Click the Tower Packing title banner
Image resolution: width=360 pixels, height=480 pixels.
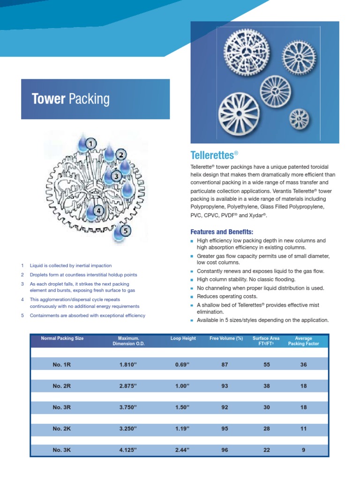[95, 99]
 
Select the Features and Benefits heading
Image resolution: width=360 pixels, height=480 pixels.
[222, 232]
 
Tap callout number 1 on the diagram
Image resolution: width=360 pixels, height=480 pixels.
[90, 143]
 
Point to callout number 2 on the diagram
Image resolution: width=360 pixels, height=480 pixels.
[121, 155]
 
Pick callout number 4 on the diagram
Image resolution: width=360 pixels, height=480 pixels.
[98, 211]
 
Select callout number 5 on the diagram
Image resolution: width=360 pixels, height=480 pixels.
[125, 230]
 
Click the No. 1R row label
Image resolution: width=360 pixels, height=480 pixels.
[62, 365]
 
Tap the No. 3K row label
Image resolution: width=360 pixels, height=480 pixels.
[62, 450]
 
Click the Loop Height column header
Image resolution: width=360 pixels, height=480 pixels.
[183, 338]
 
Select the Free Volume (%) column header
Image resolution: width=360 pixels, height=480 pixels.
[226, 338]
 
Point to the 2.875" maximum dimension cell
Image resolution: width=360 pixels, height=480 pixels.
[128, 386]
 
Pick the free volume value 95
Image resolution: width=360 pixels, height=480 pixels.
[225, 429]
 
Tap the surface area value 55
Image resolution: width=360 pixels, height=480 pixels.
[267, 365]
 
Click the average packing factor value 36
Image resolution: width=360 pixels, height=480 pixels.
[303, 365]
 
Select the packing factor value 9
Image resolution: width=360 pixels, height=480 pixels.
[303, 450]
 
